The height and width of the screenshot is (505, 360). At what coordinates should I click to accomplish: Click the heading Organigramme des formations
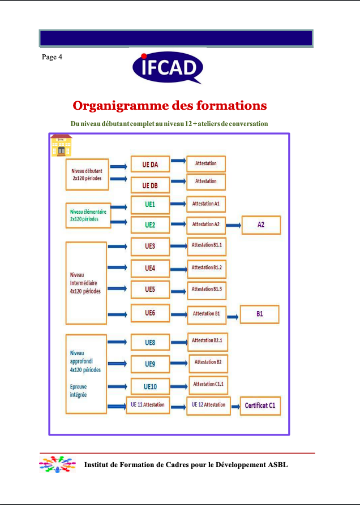coord(170,106)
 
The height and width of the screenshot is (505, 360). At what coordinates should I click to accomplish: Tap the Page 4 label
coord(52,57)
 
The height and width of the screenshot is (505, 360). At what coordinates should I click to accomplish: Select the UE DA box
coord(150,165)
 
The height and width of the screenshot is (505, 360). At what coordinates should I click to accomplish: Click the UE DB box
coord(150,185)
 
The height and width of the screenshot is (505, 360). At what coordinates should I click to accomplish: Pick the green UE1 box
coord(150,204)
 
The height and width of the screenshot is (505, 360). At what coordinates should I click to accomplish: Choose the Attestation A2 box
coord(205,225)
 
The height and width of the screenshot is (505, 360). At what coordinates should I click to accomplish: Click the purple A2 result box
coord(261,225)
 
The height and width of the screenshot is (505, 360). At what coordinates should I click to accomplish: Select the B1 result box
coord(260,314)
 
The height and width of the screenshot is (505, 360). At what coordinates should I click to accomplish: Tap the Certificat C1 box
coord(260,405)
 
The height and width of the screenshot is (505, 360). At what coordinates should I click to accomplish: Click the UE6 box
coord(150,313)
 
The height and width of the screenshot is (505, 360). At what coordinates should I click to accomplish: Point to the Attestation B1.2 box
coord(207,267)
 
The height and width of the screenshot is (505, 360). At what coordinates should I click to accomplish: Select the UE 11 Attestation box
coord(148,405)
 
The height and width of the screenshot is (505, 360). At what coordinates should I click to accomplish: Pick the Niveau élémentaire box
coord(88,215)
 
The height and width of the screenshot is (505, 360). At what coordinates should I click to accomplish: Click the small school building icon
coord(61,146)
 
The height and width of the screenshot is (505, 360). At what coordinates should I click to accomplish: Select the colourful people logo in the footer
coord(57,464)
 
